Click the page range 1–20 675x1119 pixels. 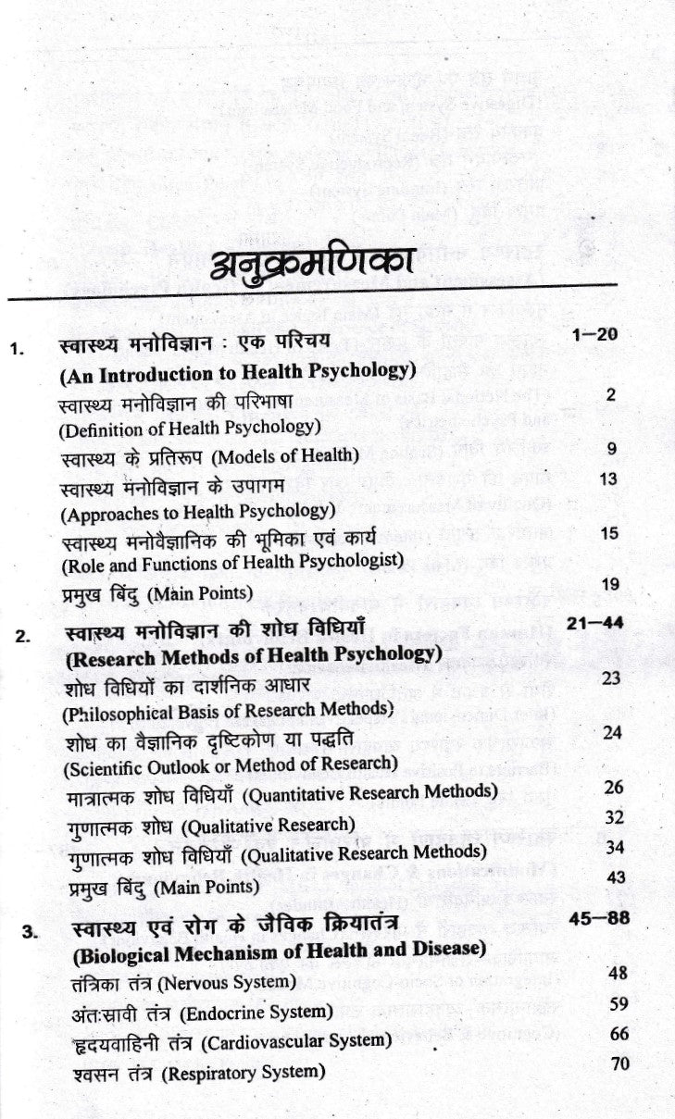[x=594, y=334]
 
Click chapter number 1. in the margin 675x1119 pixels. [x=16, y=350]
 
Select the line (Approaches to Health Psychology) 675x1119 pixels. [x=196, y=509]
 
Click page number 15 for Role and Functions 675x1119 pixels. [x=608, y=533]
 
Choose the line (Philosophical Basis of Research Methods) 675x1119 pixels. [x=214, y=711]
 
